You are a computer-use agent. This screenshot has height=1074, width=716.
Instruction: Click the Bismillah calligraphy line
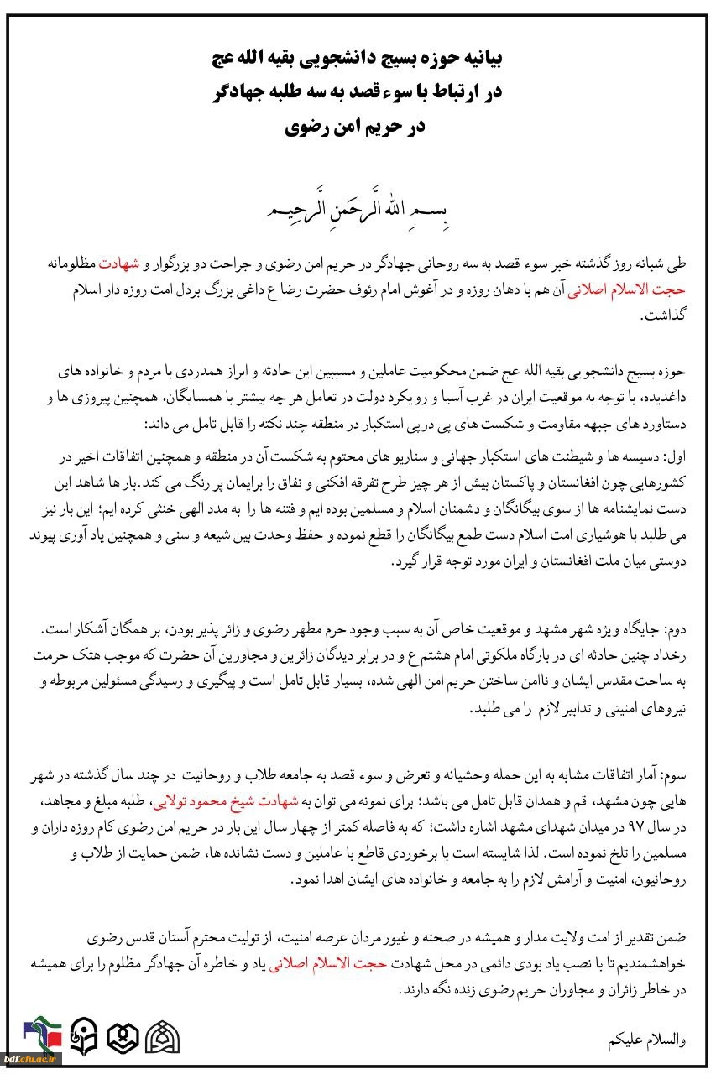pyautogui.click(x=357, y=206)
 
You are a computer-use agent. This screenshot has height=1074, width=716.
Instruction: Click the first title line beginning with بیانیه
pyautogui.click(x=357, y=59)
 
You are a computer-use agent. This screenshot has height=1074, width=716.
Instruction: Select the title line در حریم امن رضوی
pyautogui.click(x=357, y=128)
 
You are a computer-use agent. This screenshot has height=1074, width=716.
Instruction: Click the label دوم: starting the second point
pyautogui.click(x=676, y=629)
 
